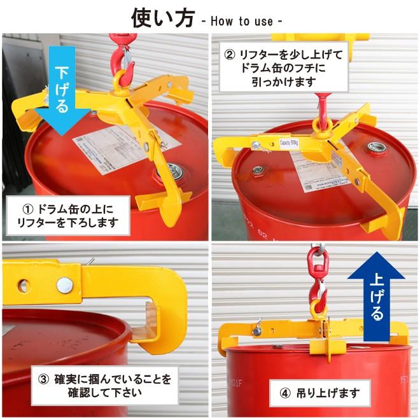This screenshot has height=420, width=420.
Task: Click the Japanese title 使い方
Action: tap(162, 18)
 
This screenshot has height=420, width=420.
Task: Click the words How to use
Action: tap(241, 21)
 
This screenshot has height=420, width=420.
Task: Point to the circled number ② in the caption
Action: tap(230, 54)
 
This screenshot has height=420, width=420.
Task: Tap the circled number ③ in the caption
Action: tap(43, 380)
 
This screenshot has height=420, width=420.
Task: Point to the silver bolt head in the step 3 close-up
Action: tap(64, 286)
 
